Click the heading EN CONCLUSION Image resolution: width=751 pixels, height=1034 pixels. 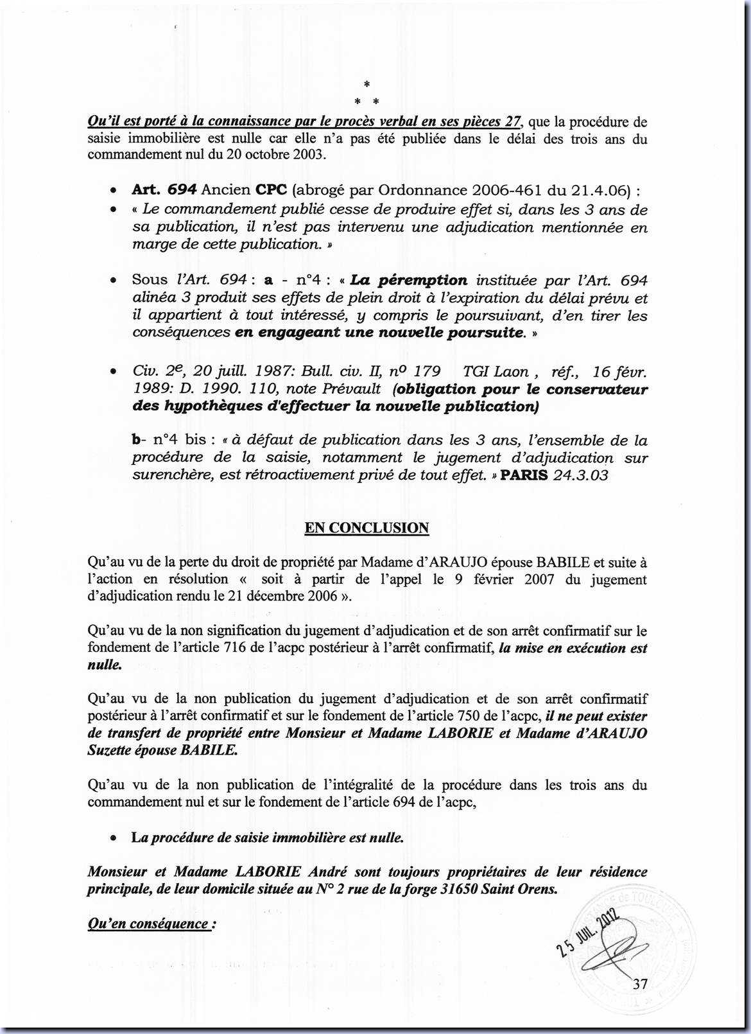(367, 528)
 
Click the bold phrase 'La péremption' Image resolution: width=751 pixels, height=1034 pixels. (409, 280)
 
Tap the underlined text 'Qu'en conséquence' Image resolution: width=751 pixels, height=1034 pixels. (148, 924)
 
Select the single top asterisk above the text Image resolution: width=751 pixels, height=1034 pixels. (367, 84)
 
